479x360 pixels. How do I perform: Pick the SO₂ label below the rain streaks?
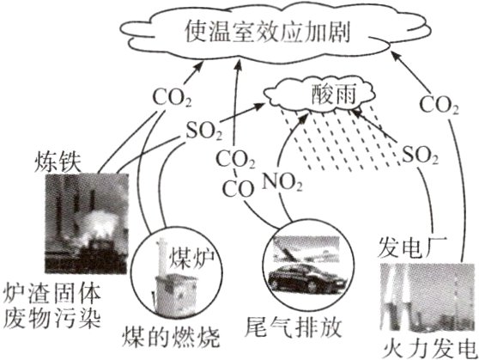pos(421,156)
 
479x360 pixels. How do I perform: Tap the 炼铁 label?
pos(56,159)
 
